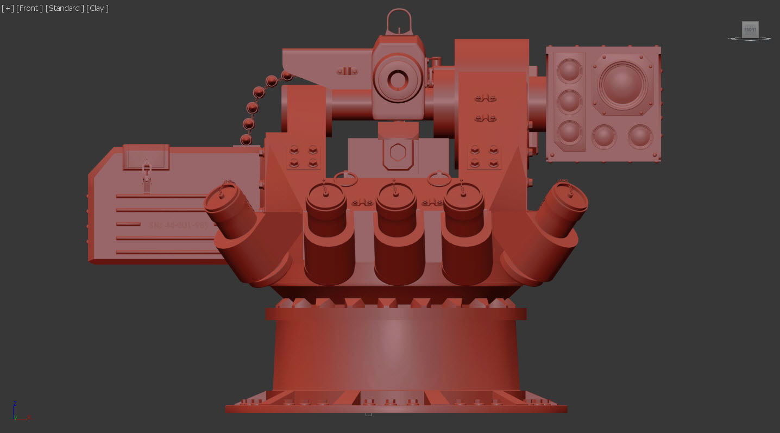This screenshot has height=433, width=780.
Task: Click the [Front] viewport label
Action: [x=29, y=8]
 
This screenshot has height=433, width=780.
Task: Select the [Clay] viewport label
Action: [x=97, y=8]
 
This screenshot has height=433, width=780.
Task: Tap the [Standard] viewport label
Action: [x=65, y=8]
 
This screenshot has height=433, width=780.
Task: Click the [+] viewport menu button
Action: [x=8, y=8]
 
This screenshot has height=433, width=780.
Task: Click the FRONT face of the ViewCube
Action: [x=750, y=29]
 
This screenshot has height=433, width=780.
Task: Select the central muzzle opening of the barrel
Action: [x=398, y=80]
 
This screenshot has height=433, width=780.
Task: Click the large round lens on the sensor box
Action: [x=622, y=85]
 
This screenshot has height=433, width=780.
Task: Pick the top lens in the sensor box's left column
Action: [x=569, y=71]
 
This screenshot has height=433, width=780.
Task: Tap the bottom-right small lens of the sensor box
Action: [x=640, y=136]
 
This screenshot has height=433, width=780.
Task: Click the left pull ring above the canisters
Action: [x=345, y=178]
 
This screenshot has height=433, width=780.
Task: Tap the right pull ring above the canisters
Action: [x=439, y=178]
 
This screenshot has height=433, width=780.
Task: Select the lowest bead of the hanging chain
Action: [x=246, y=140]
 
